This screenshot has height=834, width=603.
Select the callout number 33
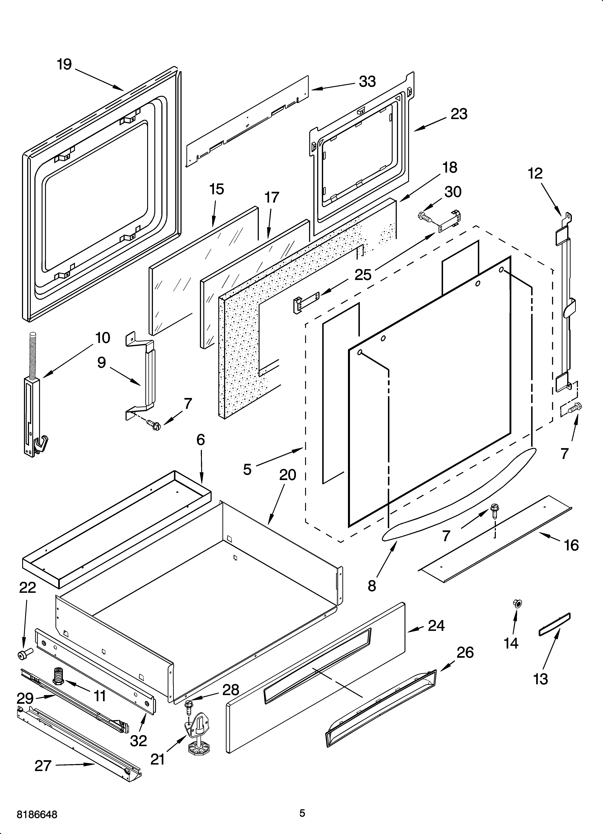pos(367,82)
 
